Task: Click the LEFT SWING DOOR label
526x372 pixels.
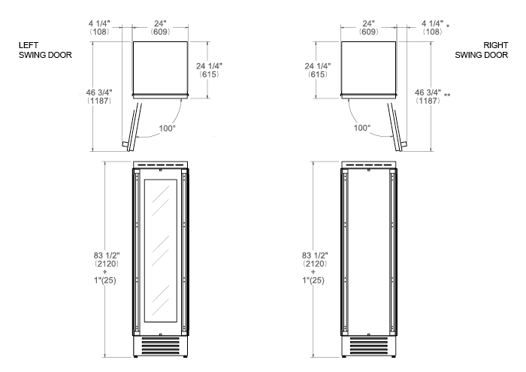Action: [x=45, y=50]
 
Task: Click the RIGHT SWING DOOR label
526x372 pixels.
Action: [x=482, y=50]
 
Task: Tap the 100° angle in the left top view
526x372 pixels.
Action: [x=167, y=129]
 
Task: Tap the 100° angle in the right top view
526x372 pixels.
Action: [x=362, y=128]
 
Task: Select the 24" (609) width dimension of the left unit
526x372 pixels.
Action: [x=160, y=28]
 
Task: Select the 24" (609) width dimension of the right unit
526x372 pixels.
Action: [x=369, y=28]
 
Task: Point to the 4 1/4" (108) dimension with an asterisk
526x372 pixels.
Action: [x=435, y=28]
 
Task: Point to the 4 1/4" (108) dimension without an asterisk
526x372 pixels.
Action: [x=99, y=28]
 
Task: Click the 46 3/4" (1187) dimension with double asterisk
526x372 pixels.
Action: [x=432, y=96]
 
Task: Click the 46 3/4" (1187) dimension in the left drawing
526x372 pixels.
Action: [x=99, y=96]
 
